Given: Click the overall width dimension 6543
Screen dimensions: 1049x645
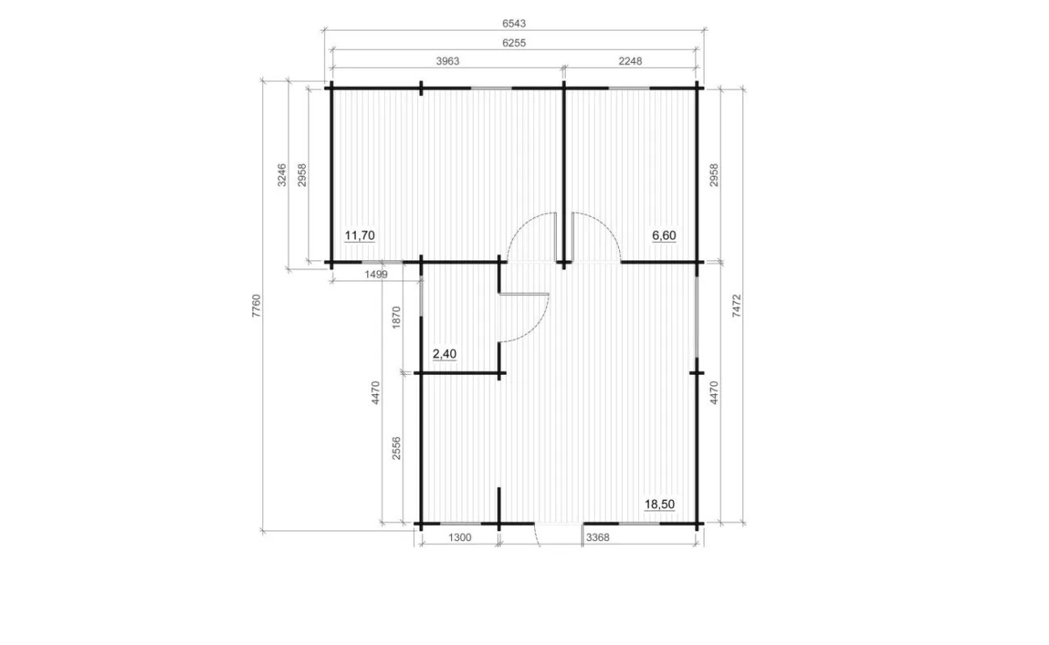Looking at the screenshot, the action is [514, 23].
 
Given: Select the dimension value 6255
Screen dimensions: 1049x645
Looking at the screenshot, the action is [514, 43].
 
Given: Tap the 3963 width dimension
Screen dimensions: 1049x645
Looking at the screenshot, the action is [448, 61].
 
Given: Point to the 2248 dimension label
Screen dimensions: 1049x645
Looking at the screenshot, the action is [630, 61].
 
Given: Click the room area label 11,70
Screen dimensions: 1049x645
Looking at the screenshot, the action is [360, 235].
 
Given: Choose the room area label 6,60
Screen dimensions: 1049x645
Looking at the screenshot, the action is [664, 235].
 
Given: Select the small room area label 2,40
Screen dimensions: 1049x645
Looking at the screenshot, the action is [445, 354].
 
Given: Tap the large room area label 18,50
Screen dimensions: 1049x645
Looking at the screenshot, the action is [659, 504].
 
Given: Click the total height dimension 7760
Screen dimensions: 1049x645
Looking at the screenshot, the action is [256, 306].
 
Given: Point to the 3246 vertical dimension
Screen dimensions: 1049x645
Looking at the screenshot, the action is [282, 175].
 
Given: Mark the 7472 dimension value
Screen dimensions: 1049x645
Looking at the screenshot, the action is [737, 306].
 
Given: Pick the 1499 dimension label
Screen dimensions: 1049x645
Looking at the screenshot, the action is [376, 274].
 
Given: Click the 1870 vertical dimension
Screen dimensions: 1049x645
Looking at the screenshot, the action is [397, 318].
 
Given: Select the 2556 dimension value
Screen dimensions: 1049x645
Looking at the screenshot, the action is [397, 448].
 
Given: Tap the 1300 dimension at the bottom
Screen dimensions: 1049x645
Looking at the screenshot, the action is [460, 537].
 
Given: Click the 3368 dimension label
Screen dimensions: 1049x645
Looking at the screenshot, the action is [598, 537].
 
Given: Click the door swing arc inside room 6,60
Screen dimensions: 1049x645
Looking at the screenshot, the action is [607, 227].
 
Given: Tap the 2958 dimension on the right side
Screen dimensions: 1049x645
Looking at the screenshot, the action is [713, 175].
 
